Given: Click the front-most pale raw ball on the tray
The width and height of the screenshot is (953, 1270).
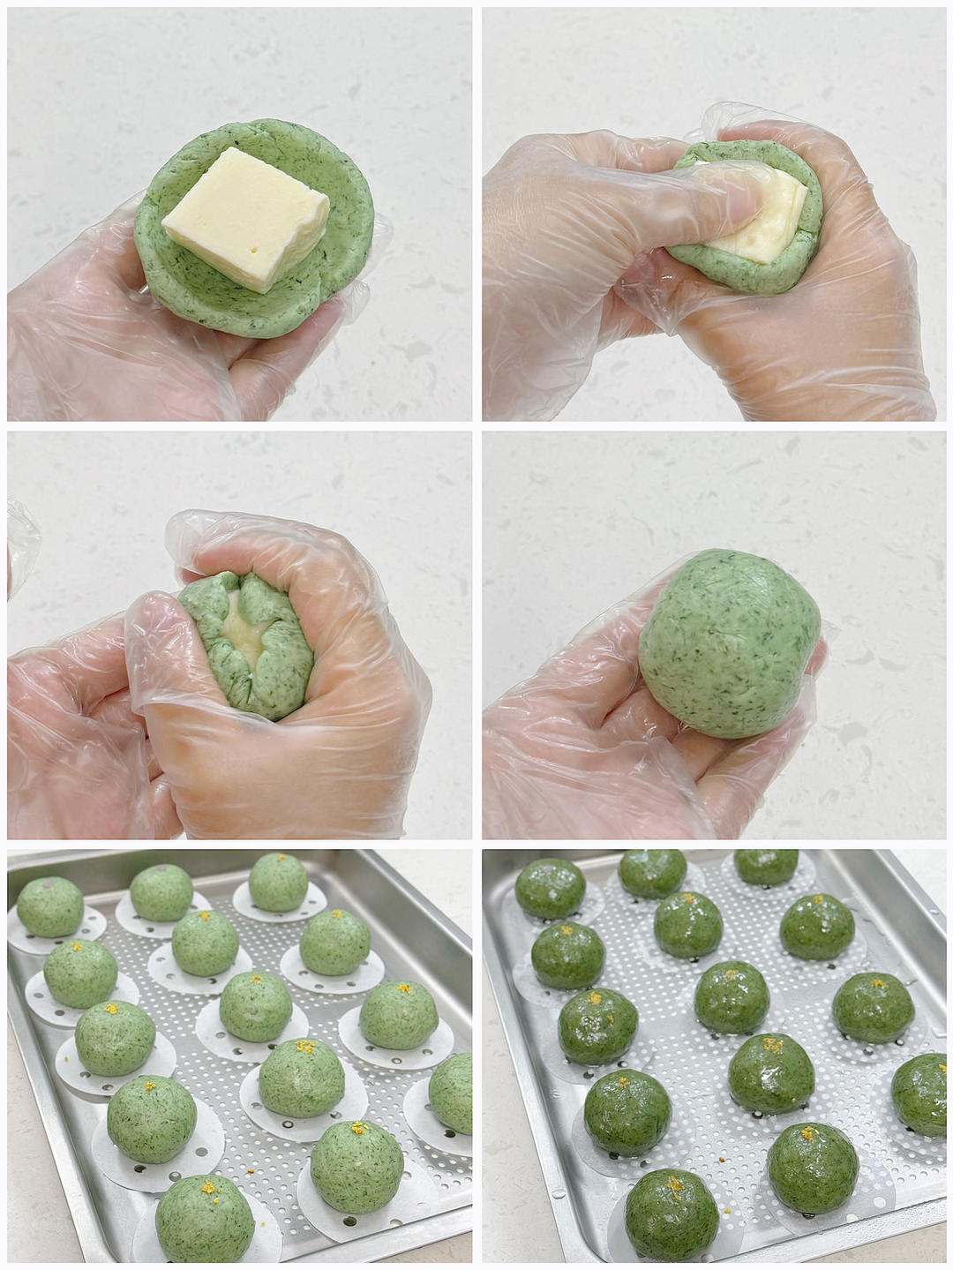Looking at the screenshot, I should tap(205, 1222).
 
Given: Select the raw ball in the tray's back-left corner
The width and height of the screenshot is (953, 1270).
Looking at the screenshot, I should tap(49, 906).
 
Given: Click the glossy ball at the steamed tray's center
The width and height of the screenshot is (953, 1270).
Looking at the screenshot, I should tap(732, 997).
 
